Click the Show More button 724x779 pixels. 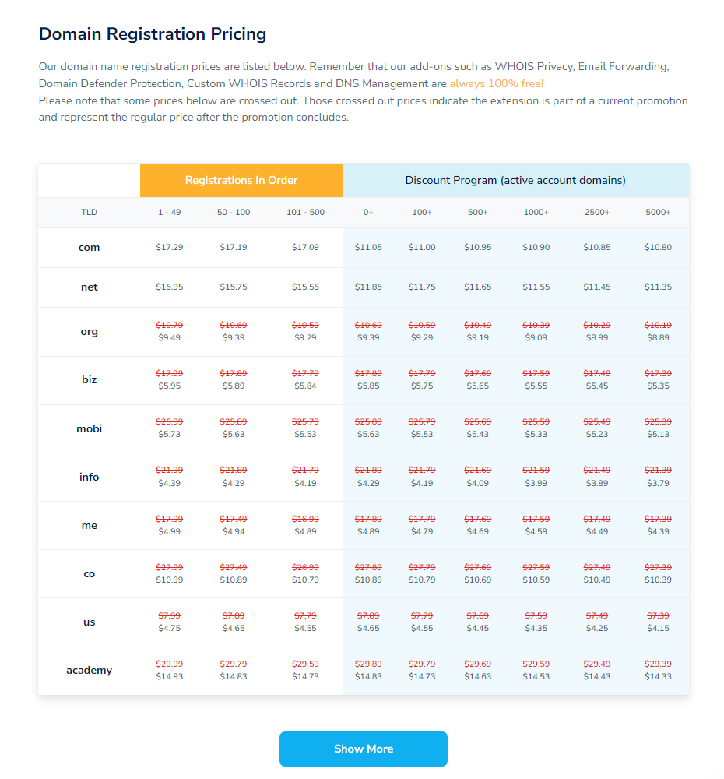[364, 749]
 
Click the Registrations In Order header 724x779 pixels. [241, 180]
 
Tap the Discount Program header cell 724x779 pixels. [515, 180]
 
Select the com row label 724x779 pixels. [90, 248]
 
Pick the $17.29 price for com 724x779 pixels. [170, 247]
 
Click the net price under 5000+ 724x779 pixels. [658, 287]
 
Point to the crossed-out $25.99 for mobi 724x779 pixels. [170, 421]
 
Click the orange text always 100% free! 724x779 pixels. [497, 83]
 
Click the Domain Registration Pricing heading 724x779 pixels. [153, 34]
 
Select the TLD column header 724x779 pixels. [90, 212]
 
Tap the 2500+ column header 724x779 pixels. [597, 212]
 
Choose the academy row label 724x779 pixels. [90, 671]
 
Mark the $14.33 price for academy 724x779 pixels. [658, 677]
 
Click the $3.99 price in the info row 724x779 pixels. [536, 483]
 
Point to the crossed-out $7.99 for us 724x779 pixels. [170, 615]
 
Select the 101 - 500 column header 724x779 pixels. [305, 212]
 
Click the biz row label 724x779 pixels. [90, 380]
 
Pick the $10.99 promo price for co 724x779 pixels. [170, 580]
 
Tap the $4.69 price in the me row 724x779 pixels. [477, 531]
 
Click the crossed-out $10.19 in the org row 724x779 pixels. [658, 325]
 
